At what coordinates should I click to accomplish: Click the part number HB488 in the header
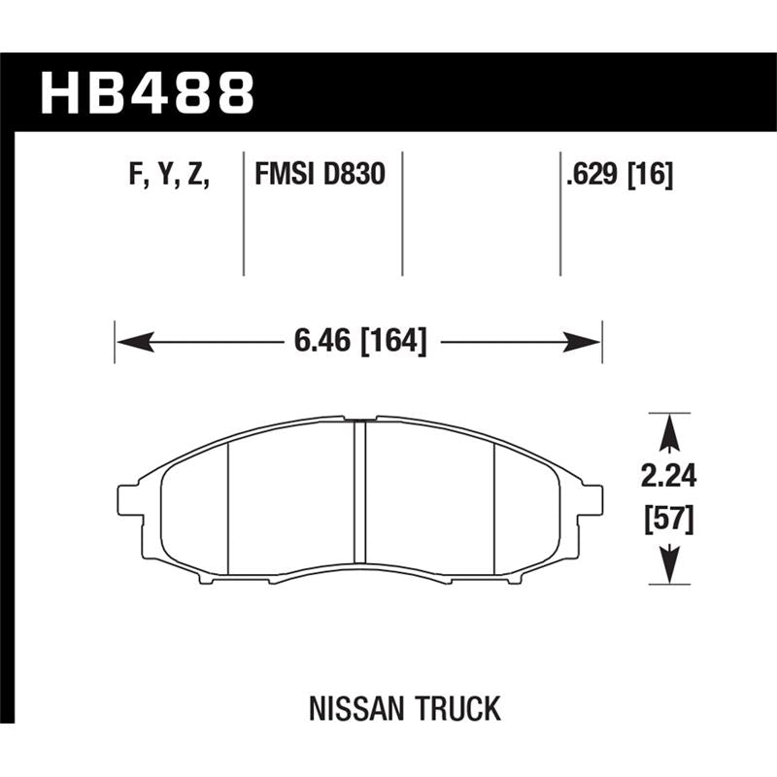click(x=147, y=93)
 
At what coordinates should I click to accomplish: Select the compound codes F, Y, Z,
click(x=170, y=176)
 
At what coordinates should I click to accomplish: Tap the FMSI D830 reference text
click(x=320, y=176)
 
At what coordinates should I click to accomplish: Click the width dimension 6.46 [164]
click(x=359, y=342)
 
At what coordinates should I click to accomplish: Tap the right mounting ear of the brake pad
click(x=592, y=499)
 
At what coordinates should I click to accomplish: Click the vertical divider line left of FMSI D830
click(x=243, y=214)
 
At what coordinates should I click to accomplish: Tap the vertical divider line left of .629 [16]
click(x=560, y=214)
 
